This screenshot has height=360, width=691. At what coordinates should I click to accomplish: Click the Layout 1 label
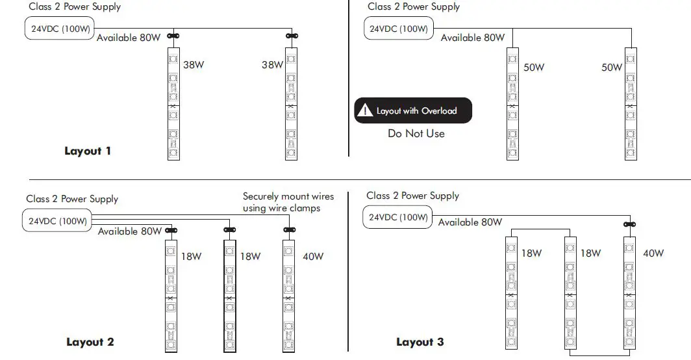pos(88,151)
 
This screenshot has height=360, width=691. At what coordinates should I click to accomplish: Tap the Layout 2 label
pos(90,342)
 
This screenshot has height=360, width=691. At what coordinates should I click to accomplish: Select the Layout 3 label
pos(420,342)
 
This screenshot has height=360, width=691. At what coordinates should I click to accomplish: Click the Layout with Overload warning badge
pos(413,110)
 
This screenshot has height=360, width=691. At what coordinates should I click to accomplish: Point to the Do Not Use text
pos(416,133)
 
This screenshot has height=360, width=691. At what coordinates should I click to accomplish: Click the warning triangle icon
pos(368,110)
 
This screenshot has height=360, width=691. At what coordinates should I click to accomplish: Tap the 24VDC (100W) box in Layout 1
pos(58,29)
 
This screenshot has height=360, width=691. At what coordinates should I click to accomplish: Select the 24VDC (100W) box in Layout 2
pos(58,221)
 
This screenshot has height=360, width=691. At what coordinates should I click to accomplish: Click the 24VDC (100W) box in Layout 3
pos(398,217)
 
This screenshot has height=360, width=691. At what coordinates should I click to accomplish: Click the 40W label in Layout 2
pos(313,256)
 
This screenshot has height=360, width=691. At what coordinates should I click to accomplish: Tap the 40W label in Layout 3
pos(653,253)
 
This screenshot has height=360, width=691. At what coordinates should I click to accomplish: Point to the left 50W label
pos(534,68)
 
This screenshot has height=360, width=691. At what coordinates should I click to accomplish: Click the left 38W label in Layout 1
pos(194,65)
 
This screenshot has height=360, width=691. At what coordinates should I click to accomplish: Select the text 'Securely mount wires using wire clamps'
pos(288,202)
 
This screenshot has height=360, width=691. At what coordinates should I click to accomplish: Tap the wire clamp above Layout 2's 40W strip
pos(290,229)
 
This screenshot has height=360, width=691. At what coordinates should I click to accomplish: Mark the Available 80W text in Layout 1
pos(129,38)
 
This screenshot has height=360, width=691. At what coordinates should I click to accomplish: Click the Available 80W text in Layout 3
pos(470,222)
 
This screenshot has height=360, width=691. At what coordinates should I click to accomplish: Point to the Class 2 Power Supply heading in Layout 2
pos(72,199)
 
